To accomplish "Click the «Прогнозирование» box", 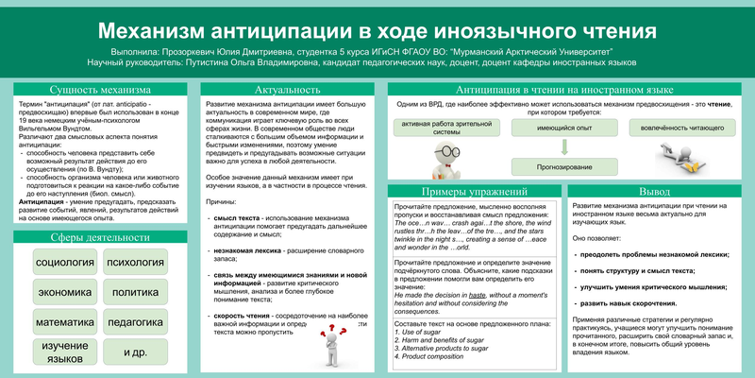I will [564, 167].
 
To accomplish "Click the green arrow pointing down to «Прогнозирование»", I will [564, 147].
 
